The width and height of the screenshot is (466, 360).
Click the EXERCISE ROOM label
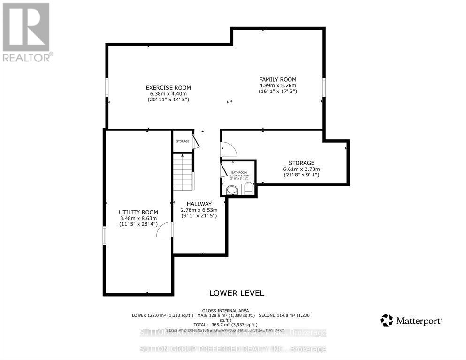point(168,87)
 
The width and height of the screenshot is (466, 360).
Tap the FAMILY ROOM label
point(278,79)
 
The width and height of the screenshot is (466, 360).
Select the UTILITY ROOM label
point(138,212)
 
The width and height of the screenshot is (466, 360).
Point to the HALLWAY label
point(198,204)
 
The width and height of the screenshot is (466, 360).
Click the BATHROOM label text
point(238,173)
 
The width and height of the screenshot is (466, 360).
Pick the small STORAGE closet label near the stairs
point(183,141)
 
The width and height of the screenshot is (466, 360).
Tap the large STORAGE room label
point(301,163)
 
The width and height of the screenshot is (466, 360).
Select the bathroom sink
point(232,190)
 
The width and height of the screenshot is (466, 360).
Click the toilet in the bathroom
point(249,189)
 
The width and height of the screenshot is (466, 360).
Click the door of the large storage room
point(229,150)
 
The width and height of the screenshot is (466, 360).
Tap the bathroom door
point(224,169)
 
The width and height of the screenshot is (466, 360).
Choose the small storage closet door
point(196,141)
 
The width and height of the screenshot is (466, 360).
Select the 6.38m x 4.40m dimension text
point(168,93)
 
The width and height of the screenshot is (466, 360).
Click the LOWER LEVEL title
point(236,293)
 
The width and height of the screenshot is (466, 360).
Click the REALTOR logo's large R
point(26,27)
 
